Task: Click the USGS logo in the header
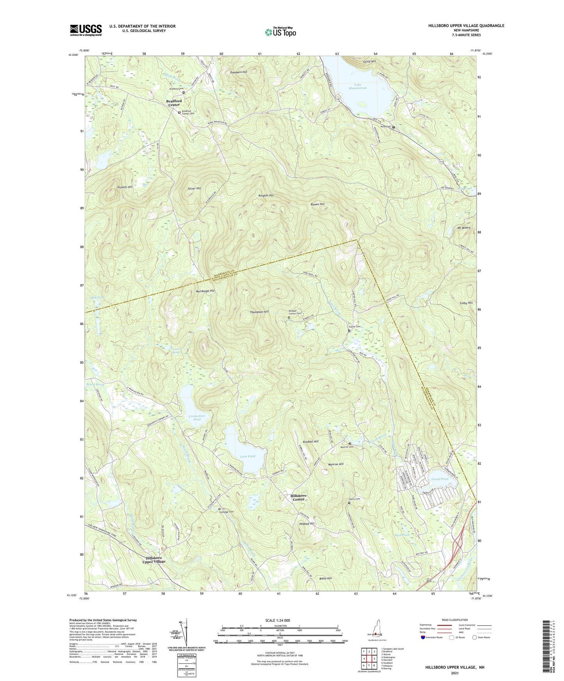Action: click(86, 30)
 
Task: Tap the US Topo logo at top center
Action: click(280, 32)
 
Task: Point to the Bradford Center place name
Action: click(174, 103)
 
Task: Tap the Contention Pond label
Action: click(197, 418)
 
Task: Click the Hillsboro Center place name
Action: click(299, 498)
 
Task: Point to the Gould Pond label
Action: click(440, 479)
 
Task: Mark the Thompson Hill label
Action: click(259, 312)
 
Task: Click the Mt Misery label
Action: click(462, 228)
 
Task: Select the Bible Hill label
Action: click(325, 578)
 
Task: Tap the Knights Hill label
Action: click(266, 195)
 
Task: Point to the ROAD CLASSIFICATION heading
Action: click(455, 620)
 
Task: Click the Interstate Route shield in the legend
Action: click(423, 637)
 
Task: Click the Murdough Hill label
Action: click(205, 291)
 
